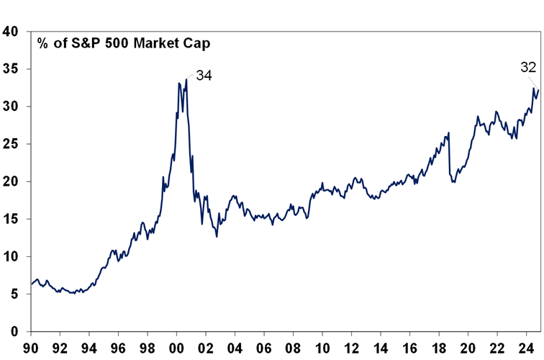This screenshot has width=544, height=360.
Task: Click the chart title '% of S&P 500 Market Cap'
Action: coord(124,42)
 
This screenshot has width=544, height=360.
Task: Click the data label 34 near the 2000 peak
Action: coord(204,75)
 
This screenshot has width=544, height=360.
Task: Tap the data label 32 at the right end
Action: coord(529,68)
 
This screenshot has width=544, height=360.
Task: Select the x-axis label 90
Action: coord(31,347)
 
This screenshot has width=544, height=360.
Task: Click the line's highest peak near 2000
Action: coord(186,78)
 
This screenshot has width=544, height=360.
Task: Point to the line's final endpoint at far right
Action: coord(538,89)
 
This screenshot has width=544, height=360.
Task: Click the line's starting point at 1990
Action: coord(31,284)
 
